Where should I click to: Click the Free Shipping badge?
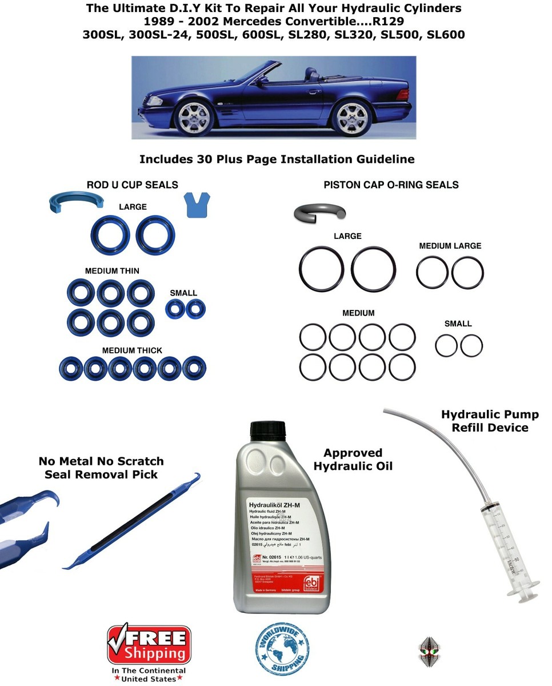(149, 645)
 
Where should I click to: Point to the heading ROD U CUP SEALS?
(132, 185)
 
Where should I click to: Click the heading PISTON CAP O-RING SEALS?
(391, 185)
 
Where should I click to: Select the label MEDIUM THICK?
(132, 350)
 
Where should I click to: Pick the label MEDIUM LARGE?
(450, 246)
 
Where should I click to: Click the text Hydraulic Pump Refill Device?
(490, 421)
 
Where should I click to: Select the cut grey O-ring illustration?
(319, 213)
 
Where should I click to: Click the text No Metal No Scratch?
(101, 461)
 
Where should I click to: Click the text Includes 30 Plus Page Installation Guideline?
(277, 159)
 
